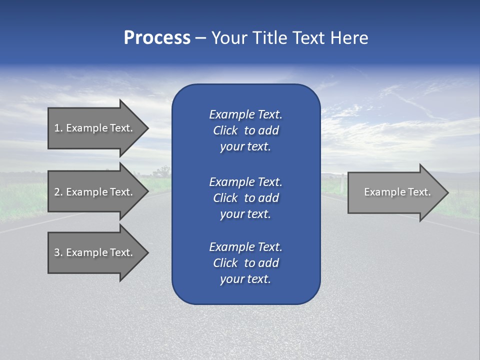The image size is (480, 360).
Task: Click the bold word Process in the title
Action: (x=157, y=38)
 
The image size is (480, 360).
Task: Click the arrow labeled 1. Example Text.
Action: (x=93, y=128)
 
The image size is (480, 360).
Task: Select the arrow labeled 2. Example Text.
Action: (x=93, y=192)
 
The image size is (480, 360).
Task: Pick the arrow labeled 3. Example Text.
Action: (x=93, y=252)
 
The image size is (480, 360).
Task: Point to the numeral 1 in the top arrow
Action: (x=57, y=128)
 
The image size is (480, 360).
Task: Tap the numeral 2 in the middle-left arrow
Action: (x=57, y=192)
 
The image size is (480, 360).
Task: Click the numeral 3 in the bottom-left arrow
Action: (x=57, y=252)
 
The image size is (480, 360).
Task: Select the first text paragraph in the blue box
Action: (x=245, y=130)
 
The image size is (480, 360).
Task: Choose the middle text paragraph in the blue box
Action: (x=245, y=197)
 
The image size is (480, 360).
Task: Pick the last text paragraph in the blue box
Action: (x=245, y=263)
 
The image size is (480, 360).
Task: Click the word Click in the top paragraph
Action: (x=225, y=130)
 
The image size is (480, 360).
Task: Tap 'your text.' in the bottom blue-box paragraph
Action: (x=245, y=279)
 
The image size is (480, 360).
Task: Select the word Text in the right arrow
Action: (x=419, y=192)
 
